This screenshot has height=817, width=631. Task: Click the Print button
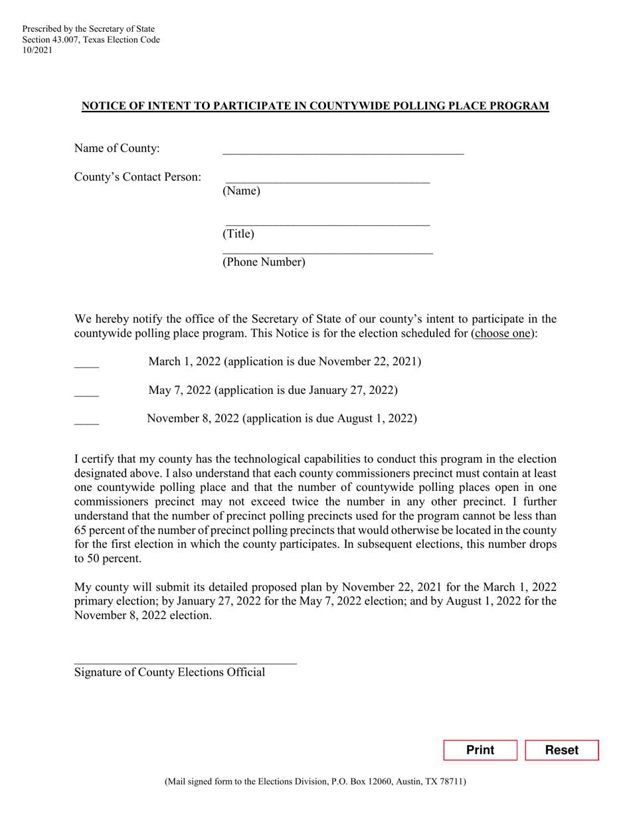[x=480, y=750]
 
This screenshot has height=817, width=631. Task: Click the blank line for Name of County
[x=343, y=149]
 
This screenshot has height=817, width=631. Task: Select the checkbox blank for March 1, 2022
[x=86, y=363]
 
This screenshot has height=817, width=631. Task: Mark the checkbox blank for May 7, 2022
[x=86, y=392]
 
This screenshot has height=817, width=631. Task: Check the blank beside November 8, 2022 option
[x=86, y=420]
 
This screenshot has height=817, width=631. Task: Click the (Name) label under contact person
[x=241, y=191]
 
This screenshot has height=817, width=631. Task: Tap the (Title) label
[x=238, y=234]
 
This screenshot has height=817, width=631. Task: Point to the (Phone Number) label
[x=264, y=262]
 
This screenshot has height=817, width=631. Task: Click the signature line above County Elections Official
[x=185, y=660]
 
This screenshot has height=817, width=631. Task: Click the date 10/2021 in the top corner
[x=37, y=50]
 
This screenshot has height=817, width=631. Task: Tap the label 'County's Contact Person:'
[x=137, y=177]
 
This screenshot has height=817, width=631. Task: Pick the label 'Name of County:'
[x=117, y=148]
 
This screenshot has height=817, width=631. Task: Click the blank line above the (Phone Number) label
[x=327, y=250]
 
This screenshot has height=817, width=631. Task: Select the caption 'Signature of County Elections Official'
[x=169, y=672]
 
